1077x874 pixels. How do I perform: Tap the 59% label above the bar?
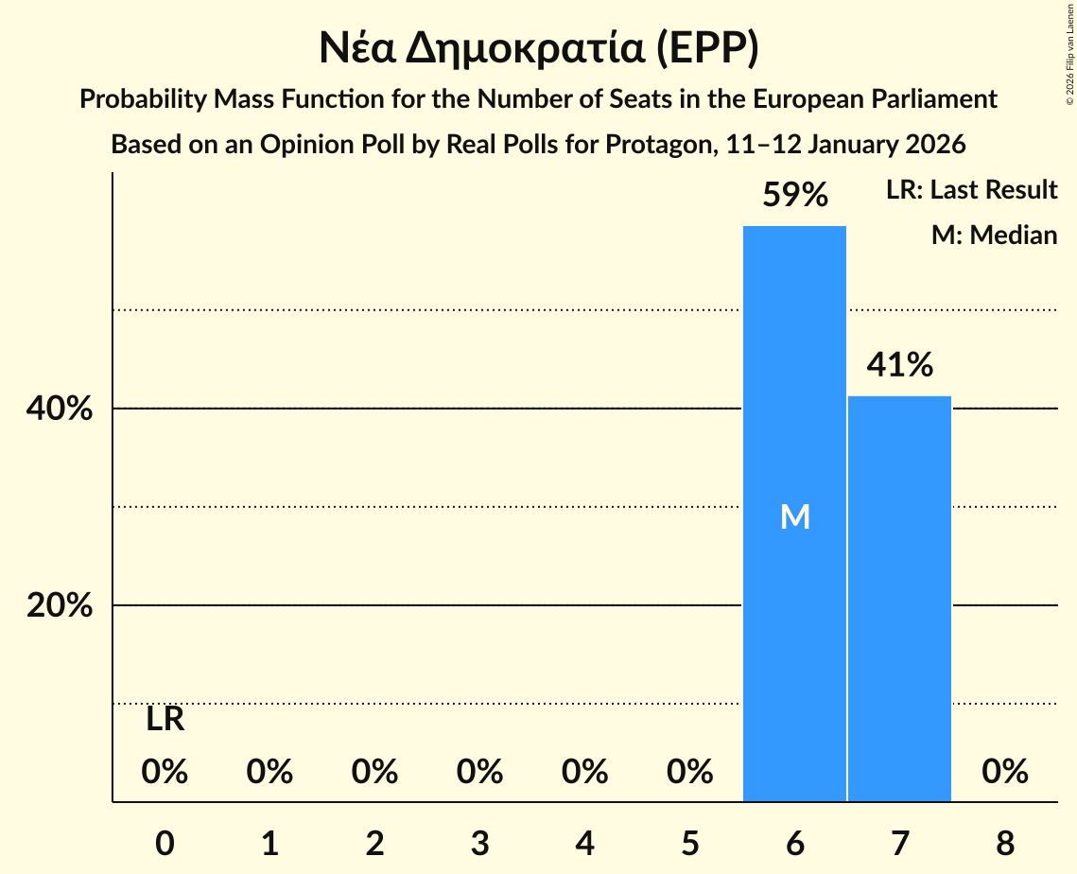[x=795, y=195]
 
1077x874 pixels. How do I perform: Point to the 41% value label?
[x=900, y=364]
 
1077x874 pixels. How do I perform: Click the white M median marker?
[x=795, y=516]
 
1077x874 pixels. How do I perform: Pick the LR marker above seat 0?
[x=165, y=720]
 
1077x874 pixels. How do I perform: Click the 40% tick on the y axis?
[x=60, y=410]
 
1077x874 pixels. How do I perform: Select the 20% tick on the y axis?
[x=60, y=605]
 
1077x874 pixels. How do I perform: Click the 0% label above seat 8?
[x=1004, y=773]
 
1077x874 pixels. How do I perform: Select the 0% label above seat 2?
[x=375, y=773]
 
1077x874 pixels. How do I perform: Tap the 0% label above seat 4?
[x=585, y=773]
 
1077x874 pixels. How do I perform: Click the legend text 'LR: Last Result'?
[x=971, y=190]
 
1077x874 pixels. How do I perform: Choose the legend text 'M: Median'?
[x=994, y=235]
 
